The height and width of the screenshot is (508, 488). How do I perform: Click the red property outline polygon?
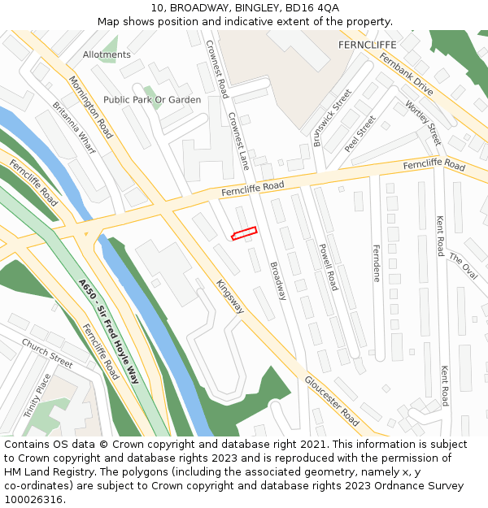point(244,233)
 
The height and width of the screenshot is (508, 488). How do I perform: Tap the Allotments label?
point(107,54)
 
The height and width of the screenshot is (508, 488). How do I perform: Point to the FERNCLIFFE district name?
point(366,46)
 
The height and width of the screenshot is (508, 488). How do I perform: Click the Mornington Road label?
point(90,107)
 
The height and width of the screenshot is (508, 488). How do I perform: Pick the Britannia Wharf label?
point(74,128)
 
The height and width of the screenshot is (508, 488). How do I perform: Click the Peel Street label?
point(360,134)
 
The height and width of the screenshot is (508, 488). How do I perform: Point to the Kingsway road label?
point(230,297)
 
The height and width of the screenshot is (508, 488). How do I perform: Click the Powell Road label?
point(327,267)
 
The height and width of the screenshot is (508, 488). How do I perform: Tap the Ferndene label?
point(377,263)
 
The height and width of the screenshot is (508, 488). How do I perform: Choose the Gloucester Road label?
point(332,401)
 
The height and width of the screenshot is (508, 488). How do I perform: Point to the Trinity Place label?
point(37,396)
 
